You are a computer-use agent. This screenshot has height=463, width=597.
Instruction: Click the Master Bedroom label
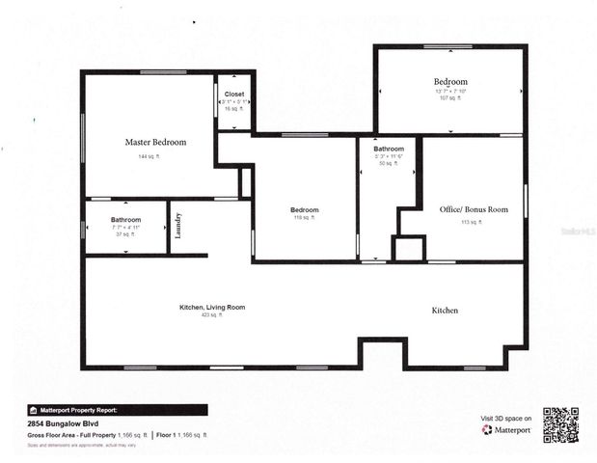click(155, 142)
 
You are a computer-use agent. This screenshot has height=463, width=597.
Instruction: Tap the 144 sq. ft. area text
click(149, 156)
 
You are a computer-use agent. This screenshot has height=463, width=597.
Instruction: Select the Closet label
click(234, 95)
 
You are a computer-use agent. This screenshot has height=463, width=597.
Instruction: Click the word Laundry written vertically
click(178, 226)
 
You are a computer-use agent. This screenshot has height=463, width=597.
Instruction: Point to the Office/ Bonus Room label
click(474, 209)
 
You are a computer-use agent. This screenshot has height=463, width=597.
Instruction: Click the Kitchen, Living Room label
click(212, 307)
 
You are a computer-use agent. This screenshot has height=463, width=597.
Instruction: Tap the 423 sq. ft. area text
click(212, 315)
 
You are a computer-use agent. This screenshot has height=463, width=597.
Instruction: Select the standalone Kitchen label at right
click(445, 311)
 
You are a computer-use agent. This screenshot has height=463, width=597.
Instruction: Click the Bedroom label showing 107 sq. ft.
click(450, 82)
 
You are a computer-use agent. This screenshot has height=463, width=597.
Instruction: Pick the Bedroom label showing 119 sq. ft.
click(305, 209)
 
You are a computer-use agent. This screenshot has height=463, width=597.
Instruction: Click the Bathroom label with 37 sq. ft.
click(125, 220)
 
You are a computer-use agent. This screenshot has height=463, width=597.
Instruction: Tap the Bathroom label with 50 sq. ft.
click(389, 149)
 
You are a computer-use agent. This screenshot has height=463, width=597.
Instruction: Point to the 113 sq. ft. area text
click(470, 222)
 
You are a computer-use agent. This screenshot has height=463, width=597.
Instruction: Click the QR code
click(560, 424)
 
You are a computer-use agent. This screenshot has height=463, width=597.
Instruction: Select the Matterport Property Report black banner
click(117, 409)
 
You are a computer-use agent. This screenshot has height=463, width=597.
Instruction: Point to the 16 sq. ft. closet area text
click(234, 109)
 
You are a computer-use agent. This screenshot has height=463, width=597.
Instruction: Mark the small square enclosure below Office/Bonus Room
click(409, 249)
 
